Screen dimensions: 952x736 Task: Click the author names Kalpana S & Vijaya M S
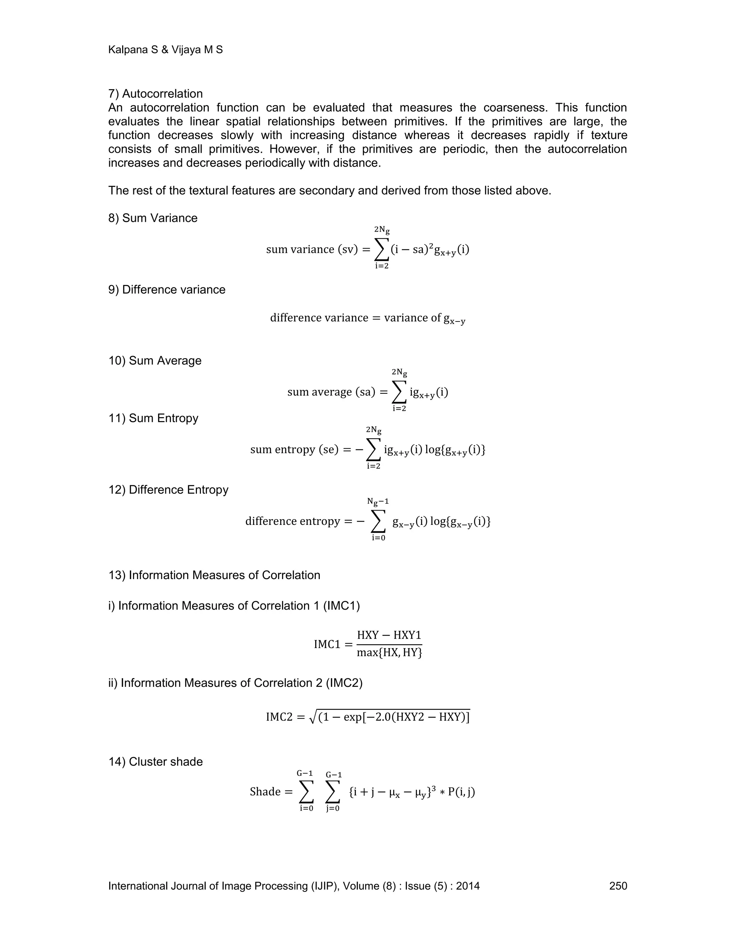(165, 50)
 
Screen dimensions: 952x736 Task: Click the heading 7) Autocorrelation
(155, 94)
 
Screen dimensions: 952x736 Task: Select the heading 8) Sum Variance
(153, 218)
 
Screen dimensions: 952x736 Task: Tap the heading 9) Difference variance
(166, 290)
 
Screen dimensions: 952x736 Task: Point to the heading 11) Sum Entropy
(153, 418)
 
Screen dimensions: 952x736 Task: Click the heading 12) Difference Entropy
(168, 490)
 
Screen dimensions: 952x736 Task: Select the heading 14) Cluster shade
(155, 762)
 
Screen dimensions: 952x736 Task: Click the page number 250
(618, 886)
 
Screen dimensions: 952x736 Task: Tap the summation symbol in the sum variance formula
(382, 249)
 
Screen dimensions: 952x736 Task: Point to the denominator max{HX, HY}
(389, 652)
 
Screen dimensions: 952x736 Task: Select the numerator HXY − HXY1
(389, 635)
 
